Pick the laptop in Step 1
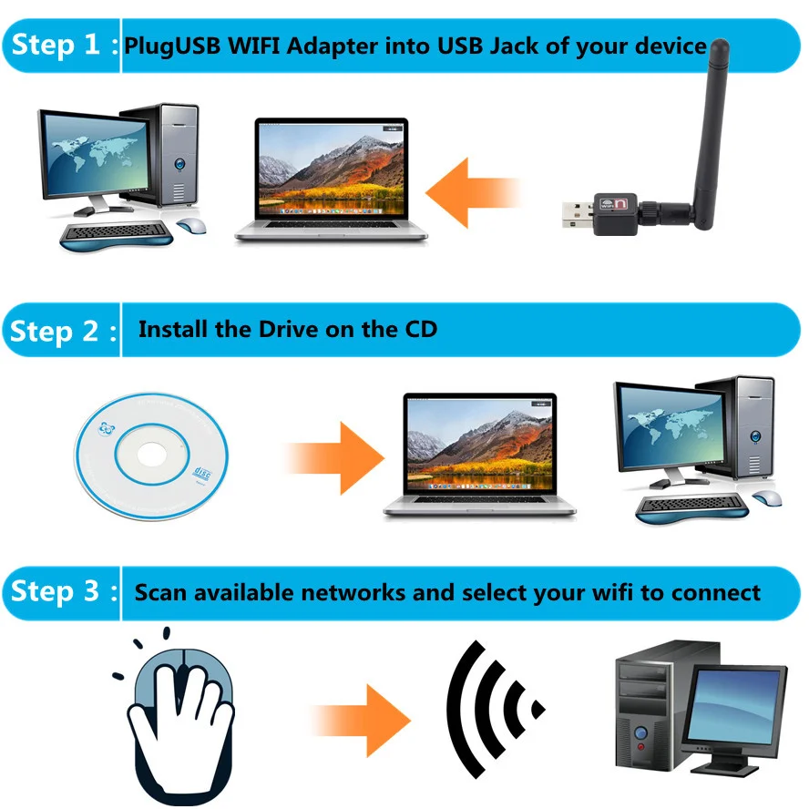click(330, 180)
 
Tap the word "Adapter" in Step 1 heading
click(341, 45)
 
